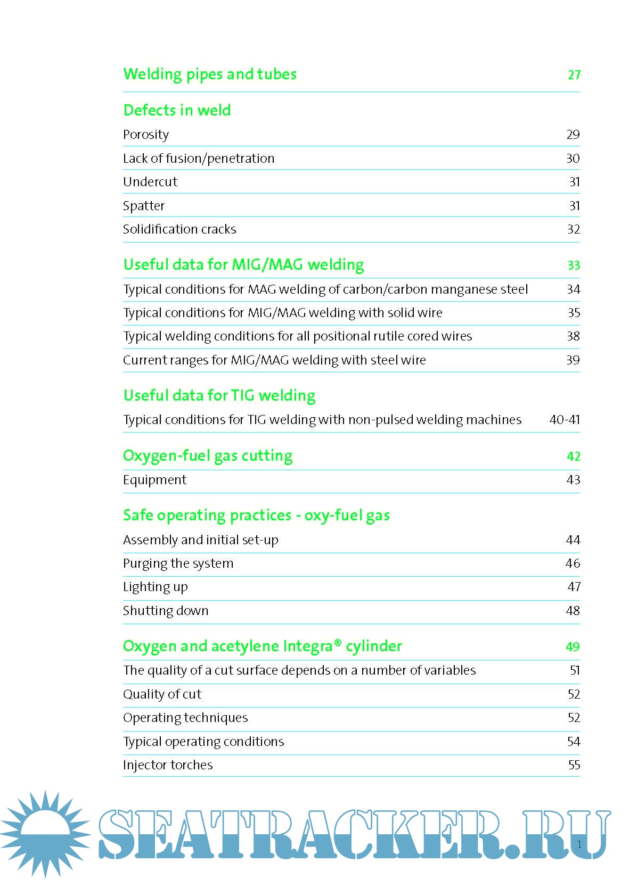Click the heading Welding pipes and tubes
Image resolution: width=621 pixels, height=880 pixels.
(x=210, y=74)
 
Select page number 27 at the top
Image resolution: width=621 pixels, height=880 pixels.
(x=574, y=75)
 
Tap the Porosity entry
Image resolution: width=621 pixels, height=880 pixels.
(x=146, y=135)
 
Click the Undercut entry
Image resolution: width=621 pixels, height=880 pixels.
(x=150, y=182)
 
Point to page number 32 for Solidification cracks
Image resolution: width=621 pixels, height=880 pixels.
(x=573, y=229)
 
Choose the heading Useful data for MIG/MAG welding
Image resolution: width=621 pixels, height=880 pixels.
(x=243, y=265)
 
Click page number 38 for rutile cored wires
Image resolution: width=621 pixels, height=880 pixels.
(x=573, y=336)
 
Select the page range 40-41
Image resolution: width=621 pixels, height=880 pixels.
(x=564, y=420)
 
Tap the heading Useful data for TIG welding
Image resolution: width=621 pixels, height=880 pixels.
(x=219, y=396)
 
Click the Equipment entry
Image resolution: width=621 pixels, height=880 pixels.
(x=154, y=480)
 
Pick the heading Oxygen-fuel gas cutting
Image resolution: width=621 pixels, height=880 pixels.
(x=208, y=456)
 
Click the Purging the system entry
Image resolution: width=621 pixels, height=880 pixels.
(x=178, y=563)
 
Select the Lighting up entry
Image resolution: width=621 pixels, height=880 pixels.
(x=155, y=587)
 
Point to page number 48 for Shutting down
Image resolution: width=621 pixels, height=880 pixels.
(x=573, y=611)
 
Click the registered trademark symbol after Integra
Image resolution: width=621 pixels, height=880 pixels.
(x=338, y=643)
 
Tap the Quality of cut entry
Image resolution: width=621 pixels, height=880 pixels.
(x=162, y=694)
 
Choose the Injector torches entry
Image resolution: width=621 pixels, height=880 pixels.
(x=168, y=765)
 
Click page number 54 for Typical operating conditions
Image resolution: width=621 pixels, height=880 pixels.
(x=573, y=742)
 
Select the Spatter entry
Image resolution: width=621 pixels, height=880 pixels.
(x=144, y=206)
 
